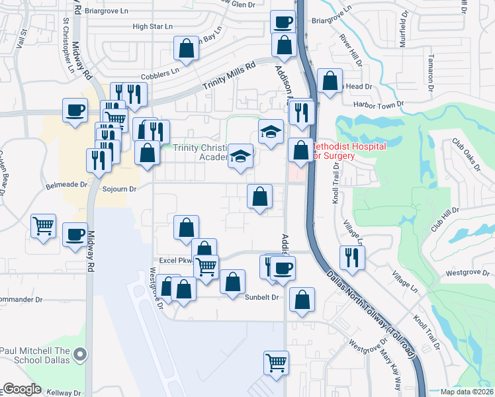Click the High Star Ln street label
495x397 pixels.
(152, 26)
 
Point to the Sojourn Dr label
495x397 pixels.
(119, 189)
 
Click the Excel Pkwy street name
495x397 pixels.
(171, 261)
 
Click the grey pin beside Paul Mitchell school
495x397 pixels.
(81, 355)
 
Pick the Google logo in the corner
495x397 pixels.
(22, 389)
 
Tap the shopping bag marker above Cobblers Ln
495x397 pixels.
(187, 48)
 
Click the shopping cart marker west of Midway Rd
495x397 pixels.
(44, 226)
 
